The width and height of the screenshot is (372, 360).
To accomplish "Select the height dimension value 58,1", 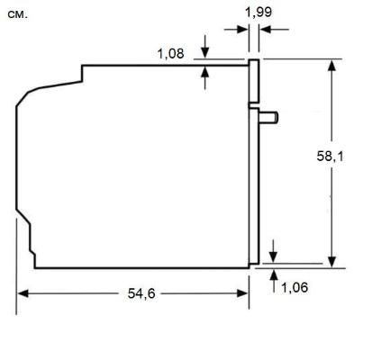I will click(x=334, y=157).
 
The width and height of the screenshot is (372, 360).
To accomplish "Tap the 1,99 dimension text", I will click(x=258, y=11).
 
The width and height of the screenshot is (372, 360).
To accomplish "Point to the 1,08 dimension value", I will click(x=170, y=54).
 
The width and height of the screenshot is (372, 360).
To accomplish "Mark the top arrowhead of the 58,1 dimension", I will click(x=334, y=66).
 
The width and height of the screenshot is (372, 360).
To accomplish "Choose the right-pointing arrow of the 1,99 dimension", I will click(x=244, y=30).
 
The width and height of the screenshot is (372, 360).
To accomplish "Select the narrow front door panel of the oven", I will click(x=255, y=162).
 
